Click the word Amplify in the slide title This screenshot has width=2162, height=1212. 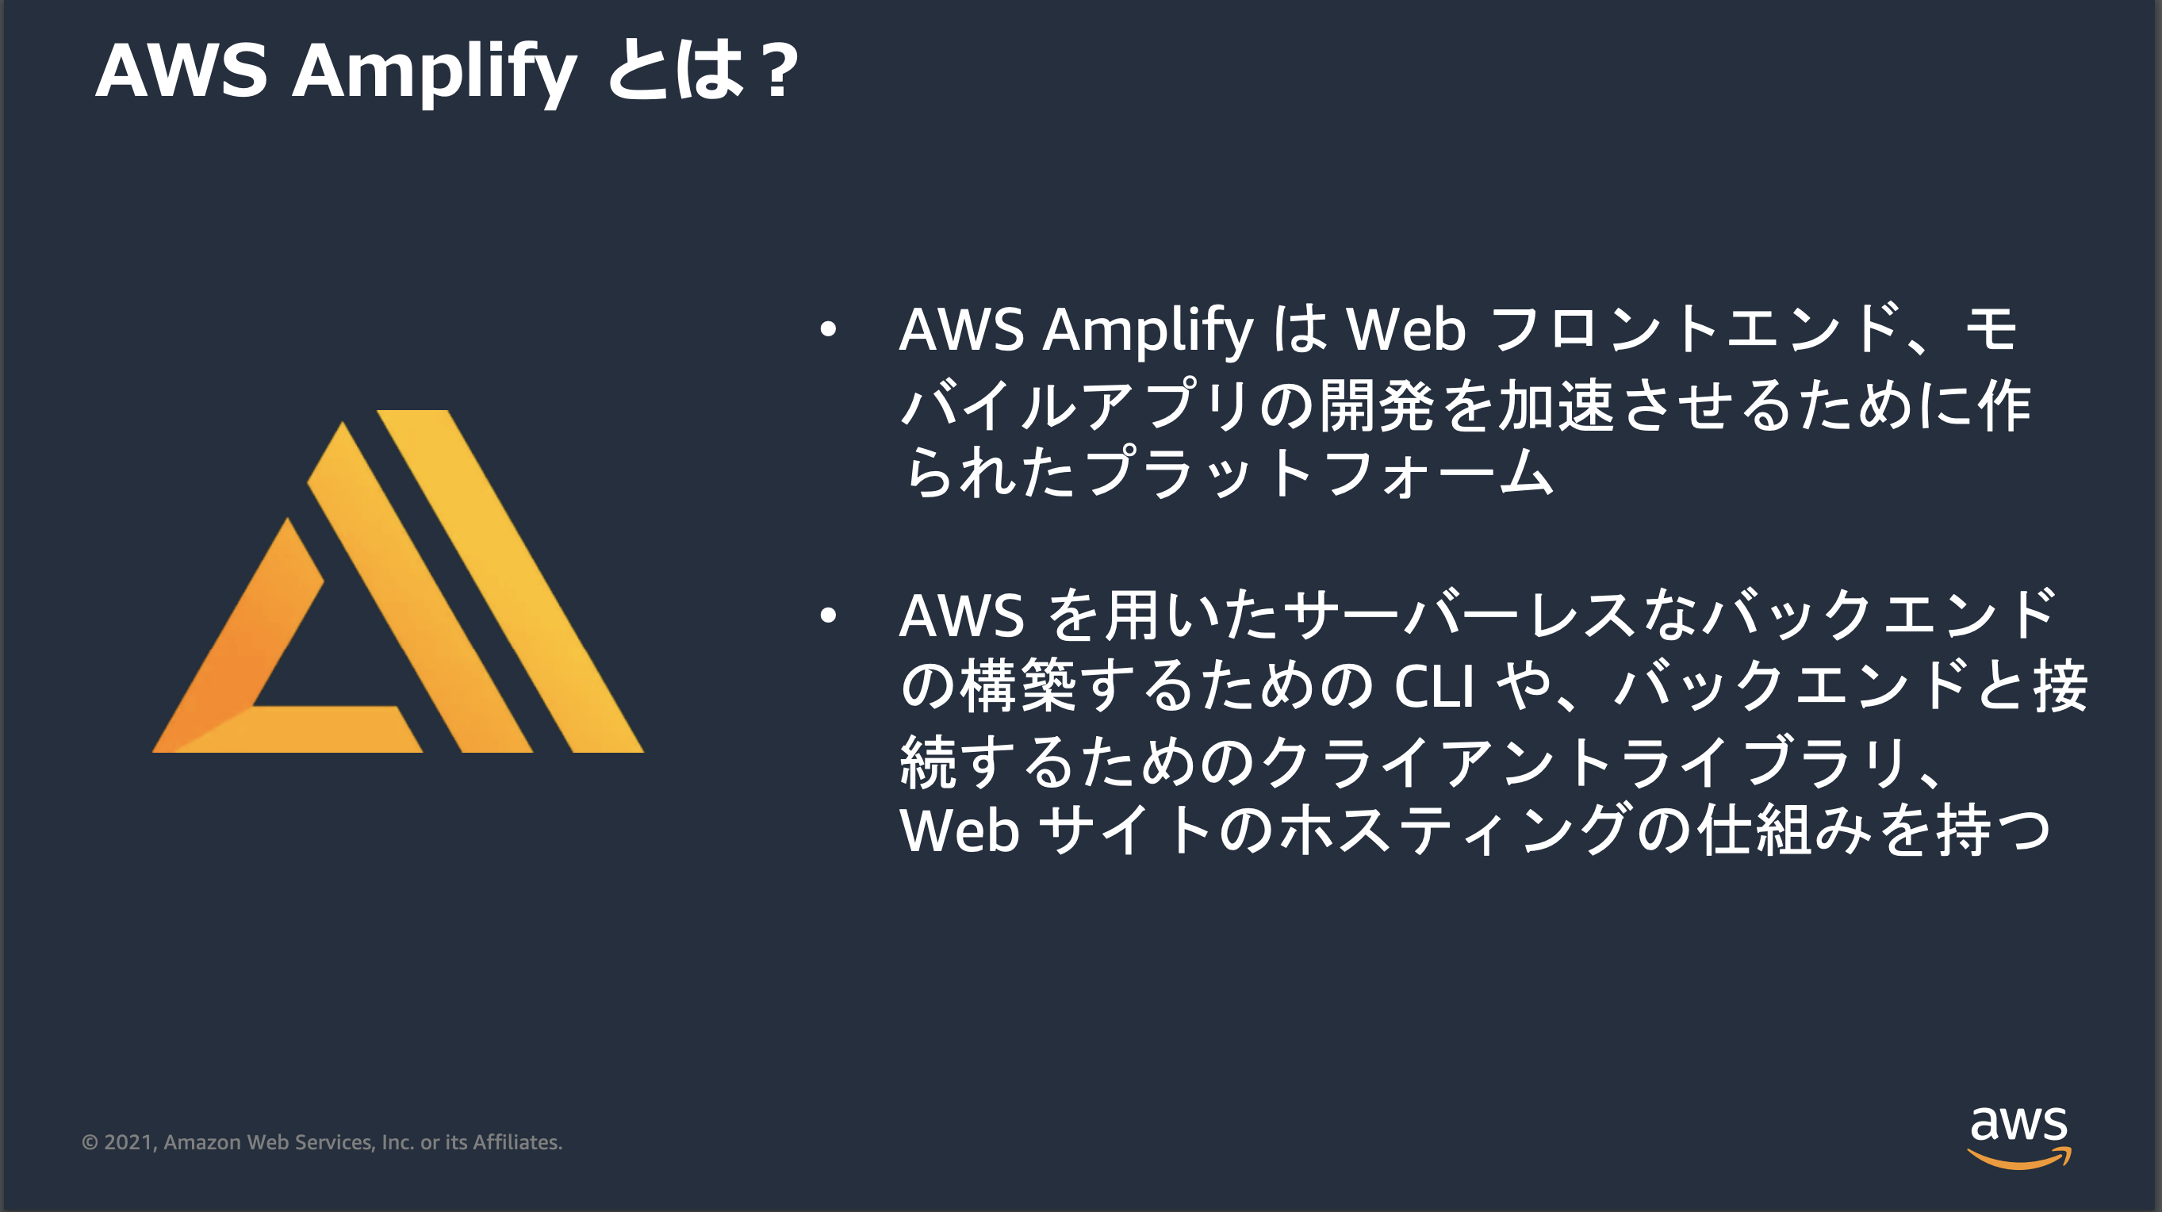(x=433, y=72)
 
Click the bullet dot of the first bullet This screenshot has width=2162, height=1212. (x=828, y=330)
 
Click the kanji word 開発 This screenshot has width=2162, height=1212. (x=1376, y=405)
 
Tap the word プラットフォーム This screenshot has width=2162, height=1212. (x=1317, y=473)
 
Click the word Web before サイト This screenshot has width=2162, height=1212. (x=958, y=831)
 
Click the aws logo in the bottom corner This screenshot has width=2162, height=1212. (x=2018, y=1137)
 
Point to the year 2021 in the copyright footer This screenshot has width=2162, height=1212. (x=128, y=1142)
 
